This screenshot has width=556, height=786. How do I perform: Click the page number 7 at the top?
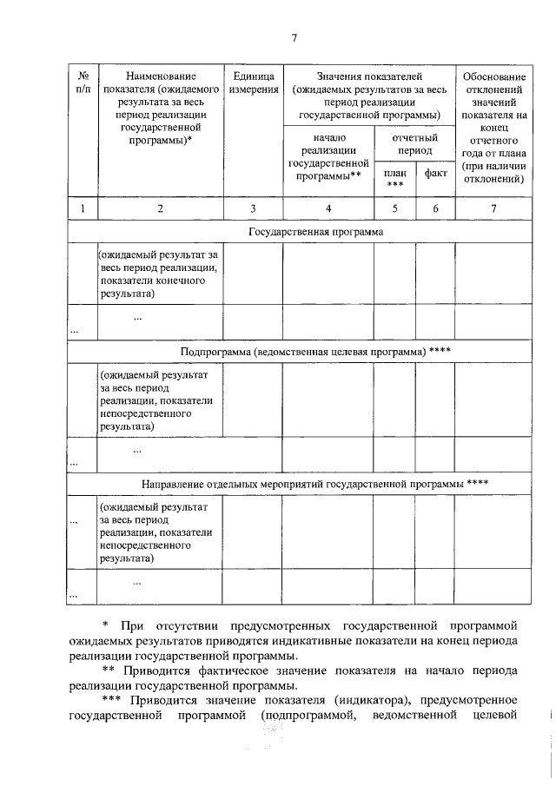(295, 37)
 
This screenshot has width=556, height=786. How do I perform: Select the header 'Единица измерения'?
(253, 82)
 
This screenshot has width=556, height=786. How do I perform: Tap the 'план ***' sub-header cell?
(394, 178)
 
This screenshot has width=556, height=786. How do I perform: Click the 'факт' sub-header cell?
(435, 173)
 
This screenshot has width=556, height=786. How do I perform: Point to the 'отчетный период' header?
(414, 144)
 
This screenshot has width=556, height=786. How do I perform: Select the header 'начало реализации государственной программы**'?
(328, 156)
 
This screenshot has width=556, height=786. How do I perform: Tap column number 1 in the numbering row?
(83, 208)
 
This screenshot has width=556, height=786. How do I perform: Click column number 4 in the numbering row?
(328, 208)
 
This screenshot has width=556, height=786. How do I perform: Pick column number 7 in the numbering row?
(493, 208)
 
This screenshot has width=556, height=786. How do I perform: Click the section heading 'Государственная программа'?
(315, 232)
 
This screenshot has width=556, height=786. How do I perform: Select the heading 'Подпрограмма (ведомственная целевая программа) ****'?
(315, 351)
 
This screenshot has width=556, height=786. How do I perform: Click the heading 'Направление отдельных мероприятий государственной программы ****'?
(315, 483)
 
